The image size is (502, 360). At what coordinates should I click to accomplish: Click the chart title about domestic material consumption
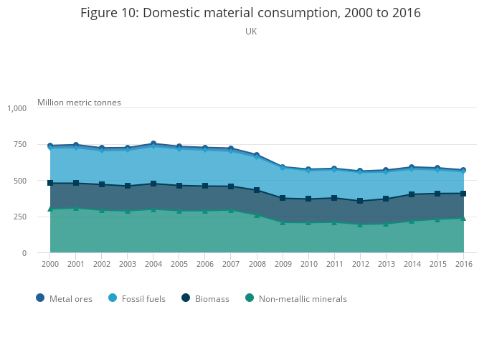click(250, 13)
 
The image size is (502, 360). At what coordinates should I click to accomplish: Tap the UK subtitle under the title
click(251, 32)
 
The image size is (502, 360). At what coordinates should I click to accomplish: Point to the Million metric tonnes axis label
click(79, 103)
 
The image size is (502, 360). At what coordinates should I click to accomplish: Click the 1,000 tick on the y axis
click(16, 108)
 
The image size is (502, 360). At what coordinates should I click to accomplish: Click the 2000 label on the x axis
click(49, 265)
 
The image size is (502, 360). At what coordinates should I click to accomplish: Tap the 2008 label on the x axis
click(257, 265)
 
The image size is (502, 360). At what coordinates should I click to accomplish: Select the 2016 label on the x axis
click(463, 265)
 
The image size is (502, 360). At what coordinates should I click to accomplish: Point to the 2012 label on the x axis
click(360, 265)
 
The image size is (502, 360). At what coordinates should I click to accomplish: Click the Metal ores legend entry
click(64, 298)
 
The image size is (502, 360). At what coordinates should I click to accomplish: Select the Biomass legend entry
click(205, 298)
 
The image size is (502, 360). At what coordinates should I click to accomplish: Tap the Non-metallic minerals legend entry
click(295, 298)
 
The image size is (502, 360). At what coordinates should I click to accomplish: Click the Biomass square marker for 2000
click(50, 183)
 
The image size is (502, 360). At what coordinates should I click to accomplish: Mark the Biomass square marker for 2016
click(463, 194)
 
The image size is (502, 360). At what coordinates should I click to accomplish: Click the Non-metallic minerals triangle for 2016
click(463, 218)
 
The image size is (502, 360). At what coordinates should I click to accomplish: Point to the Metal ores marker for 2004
click(153, 144)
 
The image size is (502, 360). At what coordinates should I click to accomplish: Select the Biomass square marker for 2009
click(283, 198)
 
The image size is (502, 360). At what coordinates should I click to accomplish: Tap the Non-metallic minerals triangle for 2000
click(50, 209)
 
